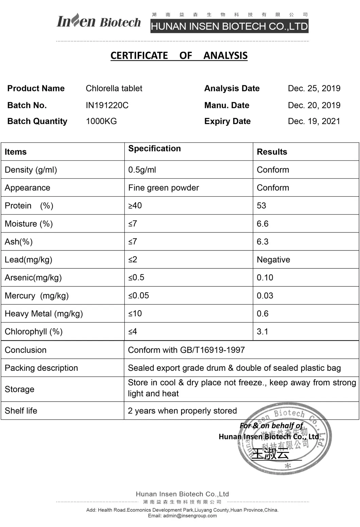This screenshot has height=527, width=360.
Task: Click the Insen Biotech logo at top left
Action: [99, 21]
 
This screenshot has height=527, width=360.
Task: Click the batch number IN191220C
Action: [107, 105]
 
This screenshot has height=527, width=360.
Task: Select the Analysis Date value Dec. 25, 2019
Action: [314, 88]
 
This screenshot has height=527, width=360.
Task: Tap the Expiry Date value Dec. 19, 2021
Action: [314, 121]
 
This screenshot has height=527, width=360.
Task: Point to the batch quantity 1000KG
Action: [101, 121]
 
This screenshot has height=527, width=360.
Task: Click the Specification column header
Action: [154, 148]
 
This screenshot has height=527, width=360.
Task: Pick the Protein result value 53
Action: [261, 206]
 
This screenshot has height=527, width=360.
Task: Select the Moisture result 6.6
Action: [262, 224]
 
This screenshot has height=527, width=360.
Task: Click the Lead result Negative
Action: [273, 260]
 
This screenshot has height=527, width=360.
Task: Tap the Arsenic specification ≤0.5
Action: [136, 278]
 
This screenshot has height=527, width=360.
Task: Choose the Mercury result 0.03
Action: [265, 296]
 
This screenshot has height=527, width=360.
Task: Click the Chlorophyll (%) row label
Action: [34, 332]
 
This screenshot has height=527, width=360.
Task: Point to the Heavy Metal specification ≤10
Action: [135, 314]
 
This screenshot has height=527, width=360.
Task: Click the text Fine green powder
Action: [164, 188]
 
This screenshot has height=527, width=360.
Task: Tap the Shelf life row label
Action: [21, 411]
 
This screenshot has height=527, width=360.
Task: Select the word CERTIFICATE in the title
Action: [139, 55]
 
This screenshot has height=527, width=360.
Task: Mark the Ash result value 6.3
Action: [262, 242]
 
